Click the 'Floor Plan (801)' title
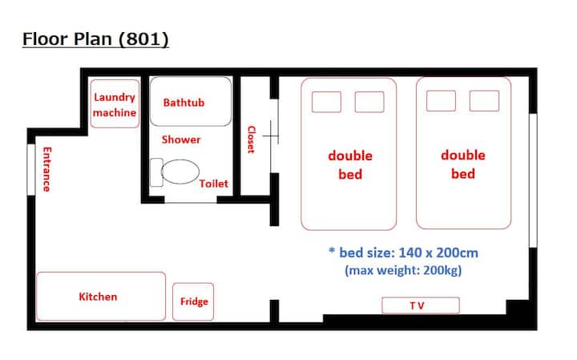coord(95,39)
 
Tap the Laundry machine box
coord(115,103)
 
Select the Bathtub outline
coord(191,101)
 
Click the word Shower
coord(181,140)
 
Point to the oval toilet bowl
coord(180,172)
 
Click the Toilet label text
coord(213,184)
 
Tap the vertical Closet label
coord(252,140)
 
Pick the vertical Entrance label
coord(47,169)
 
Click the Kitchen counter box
coord(101,297)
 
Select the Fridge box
coord(193,301)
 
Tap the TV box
coord(421,305)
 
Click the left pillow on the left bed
coord(326,102)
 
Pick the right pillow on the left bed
coord(369,102)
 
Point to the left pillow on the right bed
coord(441,101)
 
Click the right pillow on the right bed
coord(484,101)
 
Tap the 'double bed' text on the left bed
coord(350,164)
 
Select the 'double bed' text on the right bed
coord(463,164)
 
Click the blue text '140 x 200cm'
coord(438,253)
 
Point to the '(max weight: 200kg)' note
coord(403,270)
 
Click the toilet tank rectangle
coord(156,172)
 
